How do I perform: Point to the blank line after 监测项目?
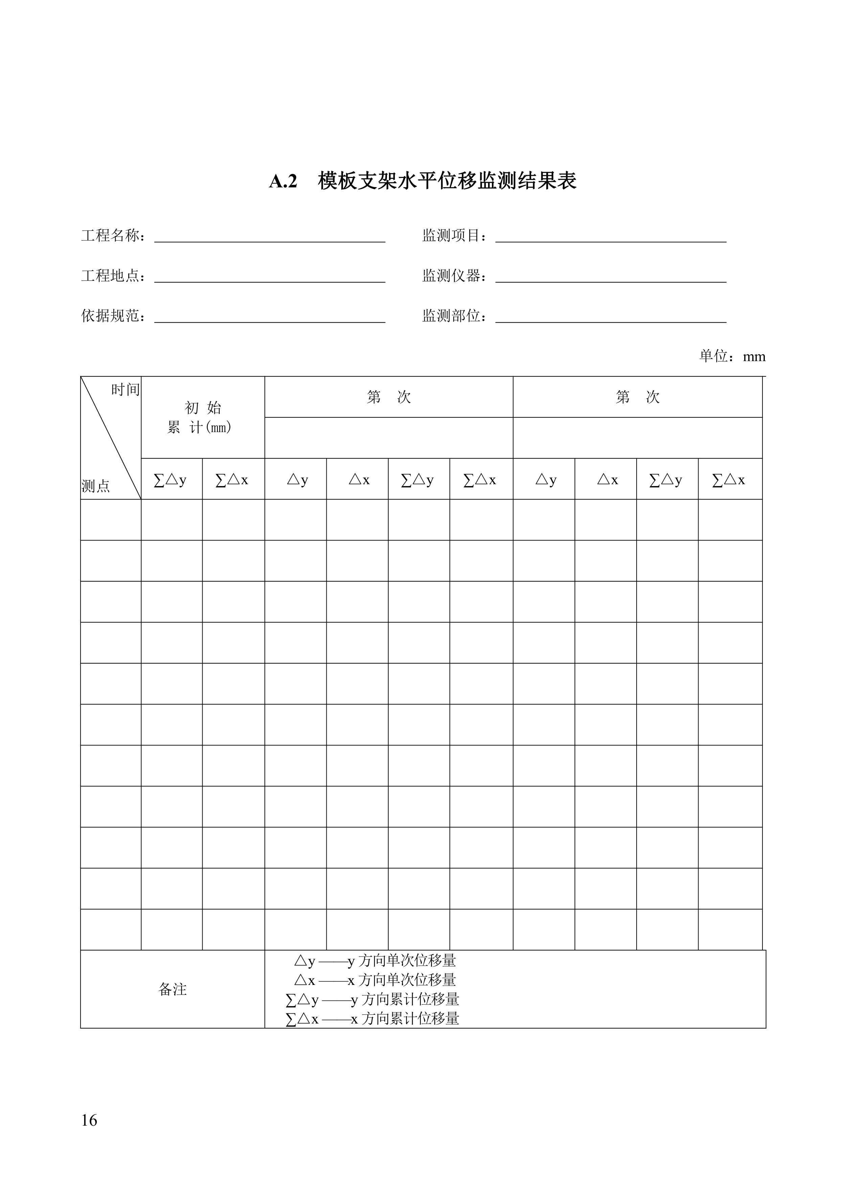[x=611, y=237]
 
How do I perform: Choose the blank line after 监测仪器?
[x=611, y=277]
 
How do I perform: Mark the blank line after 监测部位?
[x=611, y=317]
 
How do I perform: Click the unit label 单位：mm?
[x=732, y=356]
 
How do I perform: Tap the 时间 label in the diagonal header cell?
[x=125, y=390]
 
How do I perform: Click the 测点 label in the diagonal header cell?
[x=96, y=486]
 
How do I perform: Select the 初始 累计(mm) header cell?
[x=202, y=417]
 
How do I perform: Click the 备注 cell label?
[x=173, y=989]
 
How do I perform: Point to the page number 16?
[x=89, y=1120]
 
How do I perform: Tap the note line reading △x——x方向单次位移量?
[x=375, y=980]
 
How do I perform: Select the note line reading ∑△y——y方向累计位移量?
[x=372, y=999]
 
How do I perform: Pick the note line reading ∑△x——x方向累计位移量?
[x=372, y=1018]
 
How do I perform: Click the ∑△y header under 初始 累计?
[x=170, y=480]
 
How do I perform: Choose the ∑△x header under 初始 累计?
[x=232, y=480]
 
